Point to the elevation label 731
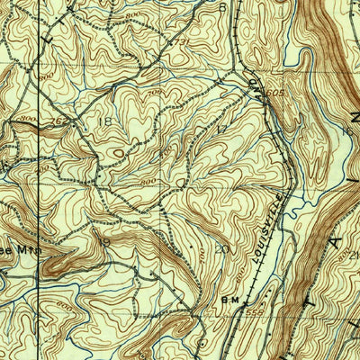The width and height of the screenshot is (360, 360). pyautogui.click(x=180, y=43)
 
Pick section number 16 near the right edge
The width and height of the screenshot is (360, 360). pyautogui.click(x=347, y=130)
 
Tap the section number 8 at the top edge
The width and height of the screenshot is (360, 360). pyautogui.click(x=222, y=7)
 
